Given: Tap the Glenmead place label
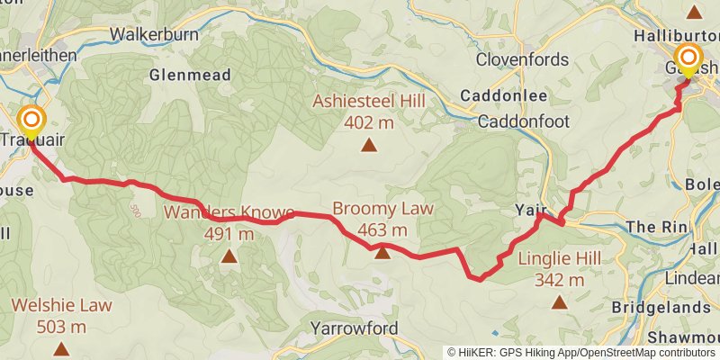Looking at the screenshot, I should coord(192,75).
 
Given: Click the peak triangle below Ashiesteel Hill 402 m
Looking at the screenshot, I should coord(368,144).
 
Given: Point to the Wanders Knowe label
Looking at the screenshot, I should coord(229,213).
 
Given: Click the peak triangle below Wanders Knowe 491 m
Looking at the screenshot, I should coord(229,257).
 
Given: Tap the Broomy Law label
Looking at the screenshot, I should coord(382,209).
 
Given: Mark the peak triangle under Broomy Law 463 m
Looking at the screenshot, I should coord(382,252).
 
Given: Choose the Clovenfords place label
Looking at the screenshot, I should coord(523,60).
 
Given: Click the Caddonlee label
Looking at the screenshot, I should coord(499,94).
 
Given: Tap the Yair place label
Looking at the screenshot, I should coord(532,210).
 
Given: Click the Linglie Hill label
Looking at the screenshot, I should coord(560,259).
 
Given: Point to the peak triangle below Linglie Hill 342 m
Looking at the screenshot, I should coord(560,302).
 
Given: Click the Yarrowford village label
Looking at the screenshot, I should coord(354,328).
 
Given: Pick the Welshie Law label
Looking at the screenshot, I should coord(62,305).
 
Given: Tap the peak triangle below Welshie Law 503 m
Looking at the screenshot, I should coord(62,347).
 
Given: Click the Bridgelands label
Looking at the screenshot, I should coord(661,307).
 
